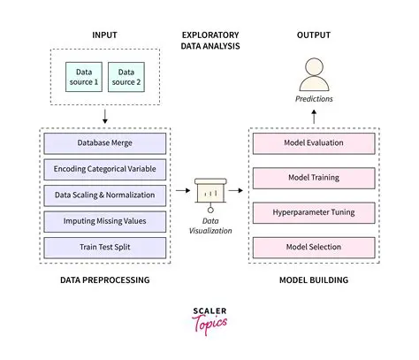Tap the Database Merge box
click(x=104, y=143)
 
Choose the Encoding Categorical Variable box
click(x=104, y=168)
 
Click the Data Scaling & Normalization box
click(x=104, y=194)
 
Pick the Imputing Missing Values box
click(x=104, y=218)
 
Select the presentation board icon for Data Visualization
click(x=210, y=191)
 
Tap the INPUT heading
click(x=105, y=34)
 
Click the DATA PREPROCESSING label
click(x=105, y=280)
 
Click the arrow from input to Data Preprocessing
click(x=105, y=115)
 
